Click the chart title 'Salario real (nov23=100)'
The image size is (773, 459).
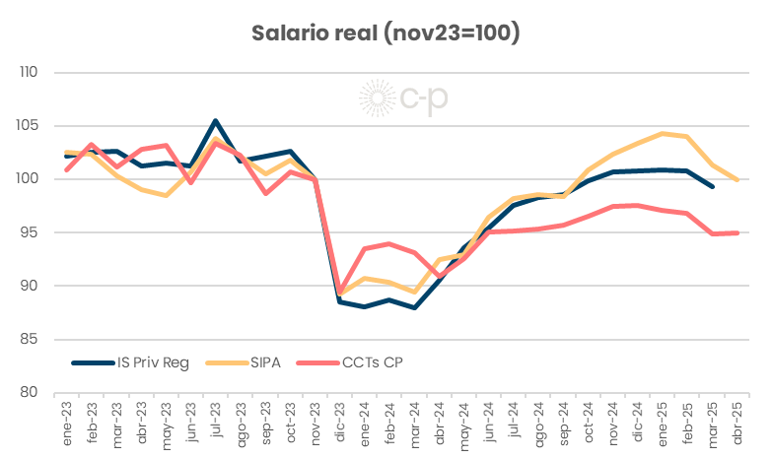point(386,33)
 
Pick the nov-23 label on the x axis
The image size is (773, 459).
point(314,425)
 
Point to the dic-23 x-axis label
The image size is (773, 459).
point(339,425)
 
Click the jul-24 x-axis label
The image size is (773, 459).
point(513,425)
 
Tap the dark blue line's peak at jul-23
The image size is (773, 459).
point(215,121)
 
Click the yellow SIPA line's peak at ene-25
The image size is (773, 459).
point(662,133)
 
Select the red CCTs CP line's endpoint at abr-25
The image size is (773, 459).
point(736,232)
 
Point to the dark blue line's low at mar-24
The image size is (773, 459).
point(413,307)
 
